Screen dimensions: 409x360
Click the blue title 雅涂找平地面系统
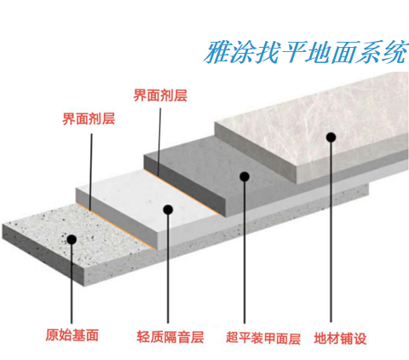pyautogui.click(x=306, y=53)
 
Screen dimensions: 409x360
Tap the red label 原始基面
pyautogui.click(x=72, y=335)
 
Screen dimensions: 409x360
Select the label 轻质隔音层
pyautogui.click(x=170, y=337)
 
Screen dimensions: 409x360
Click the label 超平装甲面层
pyautogui.click(x=263, y=339)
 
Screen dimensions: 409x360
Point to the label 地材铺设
pyautogui.click(x=340, y=339)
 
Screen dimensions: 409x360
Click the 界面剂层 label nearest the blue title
pyautogui.click(x=160, y=96)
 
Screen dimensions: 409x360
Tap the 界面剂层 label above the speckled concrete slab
pyautogui.click(x=89, y=119)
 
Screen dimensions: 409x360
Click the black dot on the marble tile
pyautogui.click(x=331, y=137)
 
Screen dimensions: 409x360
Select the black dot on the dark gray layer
pyautogui.click(x=245, y=177)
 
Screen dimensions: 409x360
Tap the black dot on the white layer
pyautogui.click(x=168, y=210)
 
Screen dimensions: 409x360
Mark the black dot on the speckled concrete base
pyautogui.click(x=72, y=240)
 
